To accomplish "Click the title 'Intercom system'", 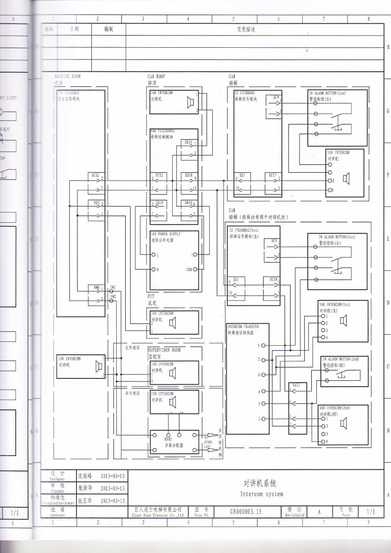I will pos(261,494).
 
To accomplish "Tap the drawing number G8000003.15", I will pos(246,512).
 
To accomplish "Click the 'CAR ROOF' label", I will pos(156,76).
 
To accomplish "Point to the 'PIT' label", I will pos(151,296).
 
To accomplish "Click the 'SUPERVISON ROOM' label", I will pos(164,350).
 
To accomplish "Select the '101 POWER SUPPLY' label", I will pos(166,234).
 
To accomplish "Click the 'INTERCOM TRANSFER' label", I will pos(243,327).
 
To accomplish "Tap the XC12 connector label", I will pos(95,175).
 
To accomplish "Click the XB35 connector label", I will pos(188,142).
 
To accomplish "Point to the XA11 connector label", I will pos(296,385).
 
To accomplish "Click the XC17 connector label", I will pos(273,175).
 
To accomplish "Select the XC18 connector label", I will pos(273,279).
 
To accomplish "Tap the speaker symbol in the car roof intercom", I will pos(190,103).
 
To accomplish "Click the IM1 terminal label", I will pos(113,287).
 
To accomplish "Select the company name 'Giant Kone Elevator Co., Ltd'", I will pos(158,515).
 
